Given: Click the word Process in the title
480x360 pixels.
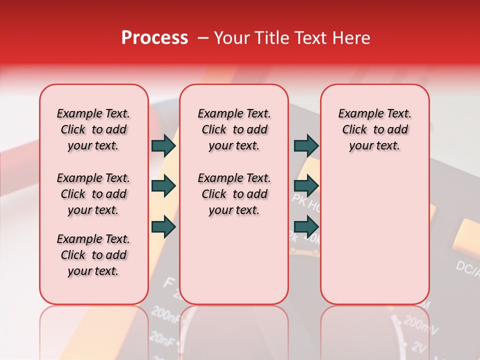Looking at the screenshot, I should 154,38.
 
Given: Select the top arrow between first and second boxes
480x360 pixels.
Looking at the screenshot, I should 163,145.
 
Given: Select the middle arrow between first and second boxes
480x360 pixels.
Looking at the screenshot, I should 163,186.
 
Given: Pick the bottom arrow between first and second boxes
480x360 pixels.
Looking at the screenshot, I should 163,227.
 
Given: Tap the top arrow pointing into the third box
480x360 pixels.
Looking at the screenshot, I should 306,145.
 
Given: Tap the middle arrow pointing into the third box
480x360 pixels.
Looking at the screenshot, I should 306,186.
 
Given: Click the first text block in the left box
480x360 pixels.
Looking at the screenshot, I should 93,129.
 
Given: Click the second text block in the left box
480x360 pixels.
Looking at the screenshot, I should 93,194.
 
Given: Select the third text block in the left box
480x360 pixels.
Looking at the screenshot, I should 93,255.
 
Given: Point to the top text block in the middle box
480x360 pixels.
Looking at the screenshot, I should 234,129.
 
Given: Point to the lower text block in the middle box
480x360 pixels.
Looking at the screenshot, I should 234,194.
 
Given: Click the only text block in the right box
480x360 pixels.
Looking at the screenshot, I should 374,129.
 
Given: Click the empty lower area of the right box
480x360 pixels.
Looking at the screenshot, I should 374,240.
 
